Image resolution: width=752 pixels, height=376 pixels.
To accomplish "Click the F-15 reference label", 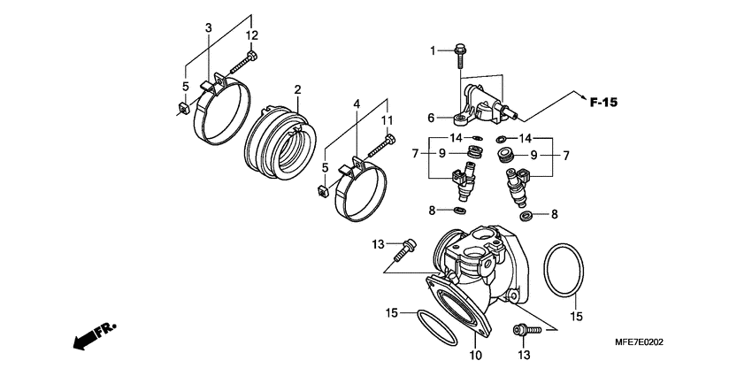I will (x=603, y=103).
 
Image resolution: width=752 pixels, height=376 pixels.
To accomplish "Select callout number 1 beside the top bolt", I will (x=434, y=51).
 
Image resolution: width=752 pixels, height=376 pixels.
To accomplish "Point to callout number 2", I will (x=298, y=90).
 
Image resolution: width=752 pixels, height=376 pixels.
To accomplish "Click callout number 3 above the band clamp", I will (x=210, y=28).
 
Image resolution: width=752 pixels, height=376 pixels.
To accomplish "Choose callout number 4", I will (x=357, y=104).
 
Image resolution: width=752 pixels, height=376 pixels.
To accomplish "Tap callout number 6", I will (x=431, y=118).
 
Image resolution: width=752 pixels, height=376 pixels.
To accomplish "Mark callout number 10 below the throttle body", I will (x=475, y=356).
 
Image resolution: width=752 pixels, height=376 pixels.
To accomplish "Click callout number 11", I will (x=386, y=119).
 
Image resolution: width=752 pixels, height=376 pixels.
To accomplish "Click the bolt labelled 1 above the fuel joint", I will (x=459, y=55).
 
